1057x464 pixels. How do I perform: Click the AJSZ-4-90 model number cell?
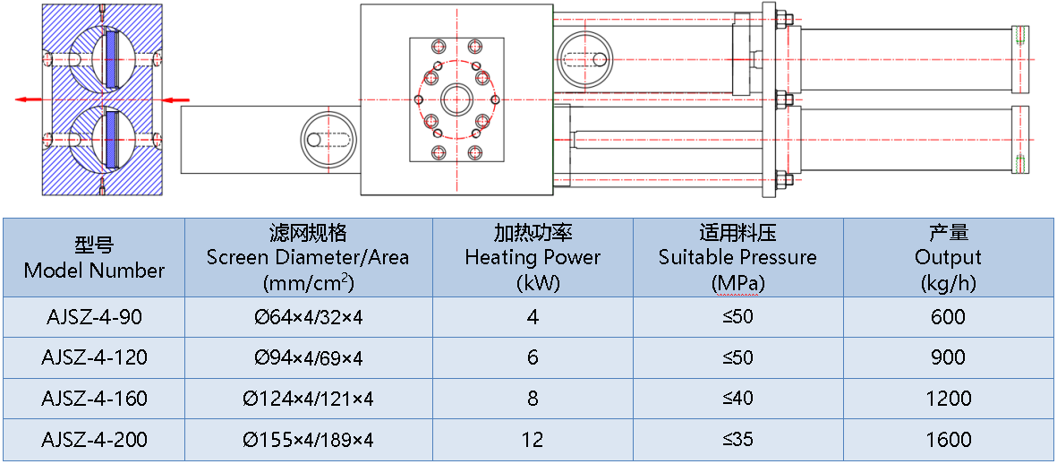tap(94, 317)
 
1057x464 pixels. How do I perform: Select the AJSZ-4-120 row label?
tap(94, 358)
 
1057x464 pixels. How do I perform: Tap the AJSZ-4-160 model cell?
tap(94, 399)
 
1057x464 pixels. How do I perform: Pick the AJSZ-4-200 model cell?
tap(94, 440)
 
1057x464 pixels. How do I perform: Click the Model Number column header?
tap(94, 257)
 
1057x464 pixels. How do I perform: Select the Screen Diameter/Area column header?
tap(308, 258)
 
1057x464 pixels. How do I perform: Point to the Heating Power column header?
tap(533, 258)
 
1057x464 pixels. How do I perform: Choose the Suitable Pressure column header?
tap(737, 258)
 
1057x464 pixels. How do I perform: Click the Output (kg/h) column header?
tap(948, 258)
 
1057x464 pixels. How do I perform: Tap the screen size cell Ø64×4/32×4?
tap(308, 317)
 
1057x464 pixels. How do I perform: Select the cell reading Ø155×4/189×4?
tap(308, 440)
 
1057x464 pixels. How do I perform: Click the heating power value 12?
tap(533, 440)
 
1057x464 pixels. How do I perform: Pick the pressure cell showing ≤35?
tap(737, 440)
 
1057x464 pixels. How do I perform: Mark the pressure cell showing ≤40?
tap(737, 399)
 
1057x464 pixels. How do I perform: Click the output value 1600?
tap(948, 440)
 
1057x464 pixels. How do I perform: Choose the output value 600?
tap(948, 317)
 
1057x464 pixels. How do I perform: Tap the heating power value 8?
tap(533, 399)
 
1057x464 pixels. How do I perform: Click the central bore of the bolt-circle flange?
tap(457, 99)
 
